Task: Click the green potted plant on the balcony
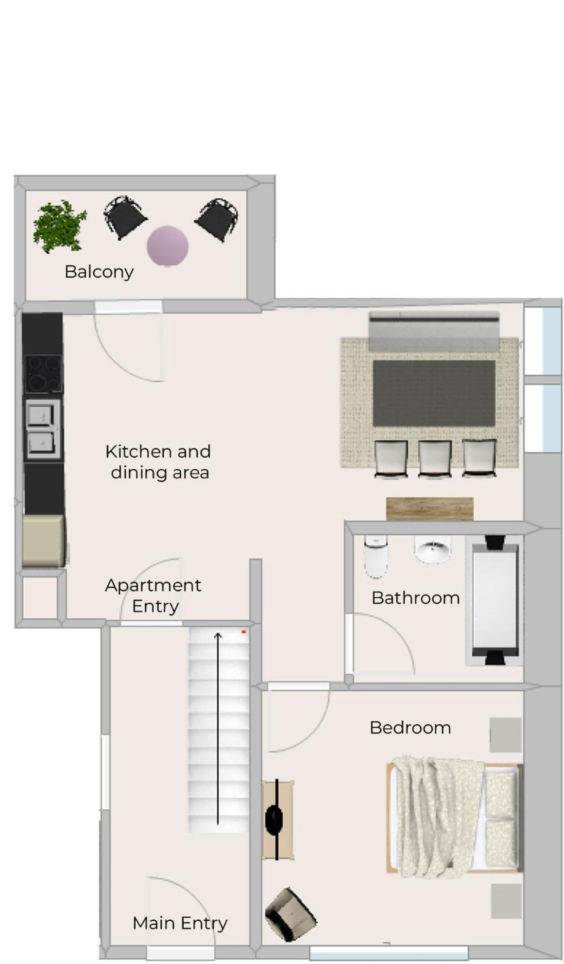(x=59, y=227)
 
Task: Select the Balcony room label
(x=99, y=272)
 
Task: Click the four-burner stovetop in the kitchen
(x=44, y=373)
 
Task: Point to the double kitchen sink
(x=43, y=429)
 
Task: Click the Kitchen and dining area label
(x=158, y=462)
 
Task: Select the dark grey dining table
(x=434, y=393)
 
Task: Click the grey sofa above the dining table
(x=434, y=331)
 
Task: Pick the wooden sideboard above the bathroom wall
(x=430, y=509)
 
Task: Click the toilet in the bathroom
(x=376, y=556)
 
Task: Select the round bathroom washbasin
(x=432, y=549)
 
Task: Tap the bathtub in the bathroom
(x=495, y=600)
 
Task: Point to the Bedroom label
(x=410, y=728)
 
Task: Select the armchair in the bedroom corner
(x=291, y=914)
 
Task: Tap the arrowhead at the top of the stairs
(x=218, y=634)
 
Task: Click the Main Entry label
(x=180, y=923)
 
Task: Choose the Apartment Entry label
(x=154, y=596)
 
